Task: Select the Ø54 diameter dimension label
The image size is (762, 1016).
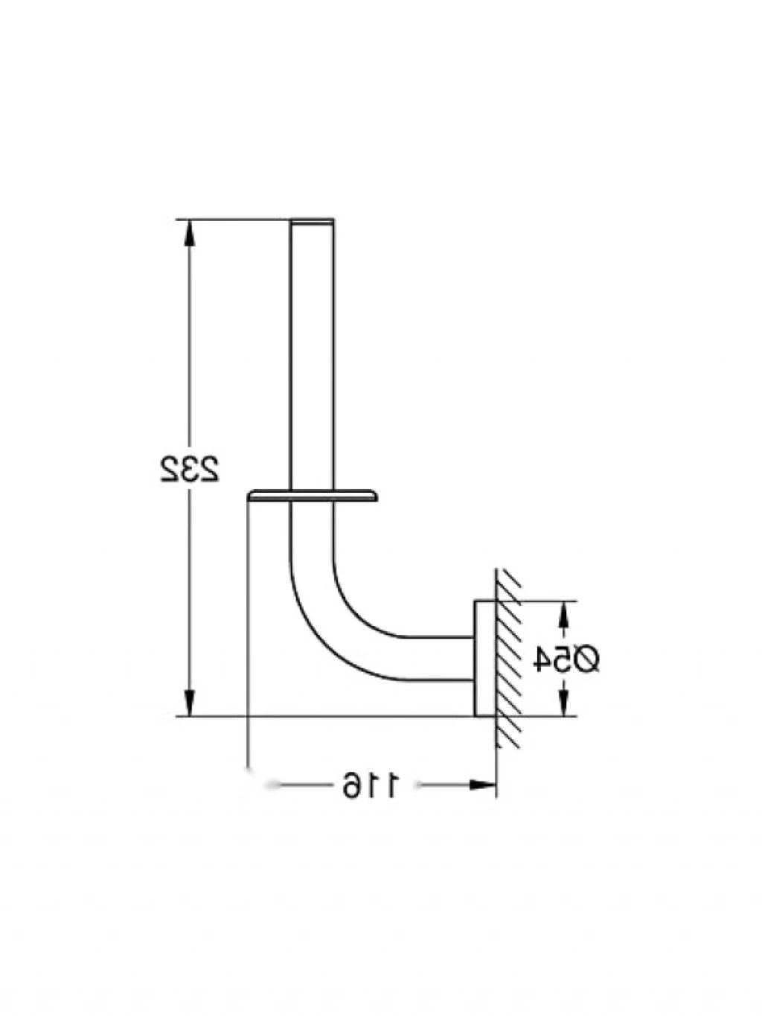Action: click(566, 659)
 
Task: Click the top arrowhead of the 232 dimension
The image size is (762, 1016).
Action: click(189, 232)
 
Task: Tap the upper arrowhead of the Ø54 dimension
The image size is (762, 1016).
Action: click(563, 614)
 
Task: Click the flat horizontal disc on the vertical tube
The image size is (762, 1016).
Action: click(313, 495)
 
